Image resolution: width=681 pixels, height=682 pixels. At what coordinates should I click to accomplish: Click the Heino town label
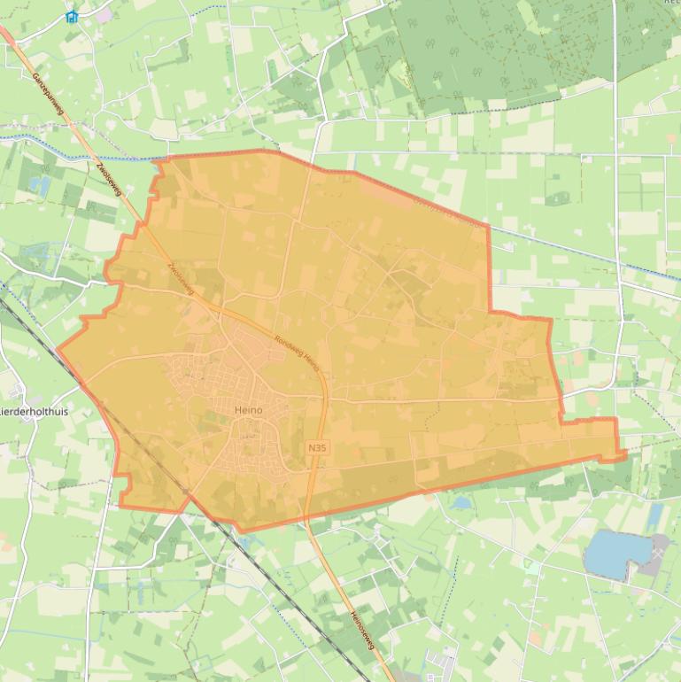coord(250,409)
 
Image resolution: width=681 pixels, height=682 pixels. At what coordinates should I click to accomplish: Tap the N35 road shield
coord(318,449)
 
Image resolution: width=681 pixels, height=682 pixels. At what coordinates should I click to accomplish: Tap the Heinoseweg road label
coord(363,632)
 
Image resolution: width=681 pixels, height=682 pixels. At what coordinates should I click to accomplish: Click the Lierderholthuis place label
coord(34,413)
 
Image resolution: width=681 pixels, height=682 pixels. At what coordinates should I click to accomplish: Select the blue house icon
coord(72,16)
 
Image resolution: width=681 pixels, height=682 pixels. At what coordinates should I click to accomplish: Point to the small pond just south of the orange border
coord(461,502)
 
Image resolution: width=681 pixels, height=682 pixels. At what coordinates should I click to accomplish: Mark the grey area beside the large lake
coord(657,554)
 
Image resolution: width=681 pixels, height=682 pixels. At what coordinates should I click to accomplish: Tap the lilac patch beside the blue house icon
coord(104,15)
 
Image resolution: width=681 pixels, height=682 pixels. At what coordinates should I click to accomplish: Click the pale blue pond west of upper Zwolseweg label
coord(40,185)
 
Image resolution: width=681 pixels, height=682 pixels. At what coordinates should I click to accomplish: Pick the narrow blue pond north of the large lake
coord(654,515)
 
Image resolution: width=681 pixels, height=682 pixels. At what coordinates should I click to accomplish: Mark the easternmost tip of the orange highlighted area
coord(625,454)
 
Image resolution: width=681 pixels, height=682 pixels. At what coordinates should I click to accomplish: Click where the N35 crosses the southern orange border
coord(306,521)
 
